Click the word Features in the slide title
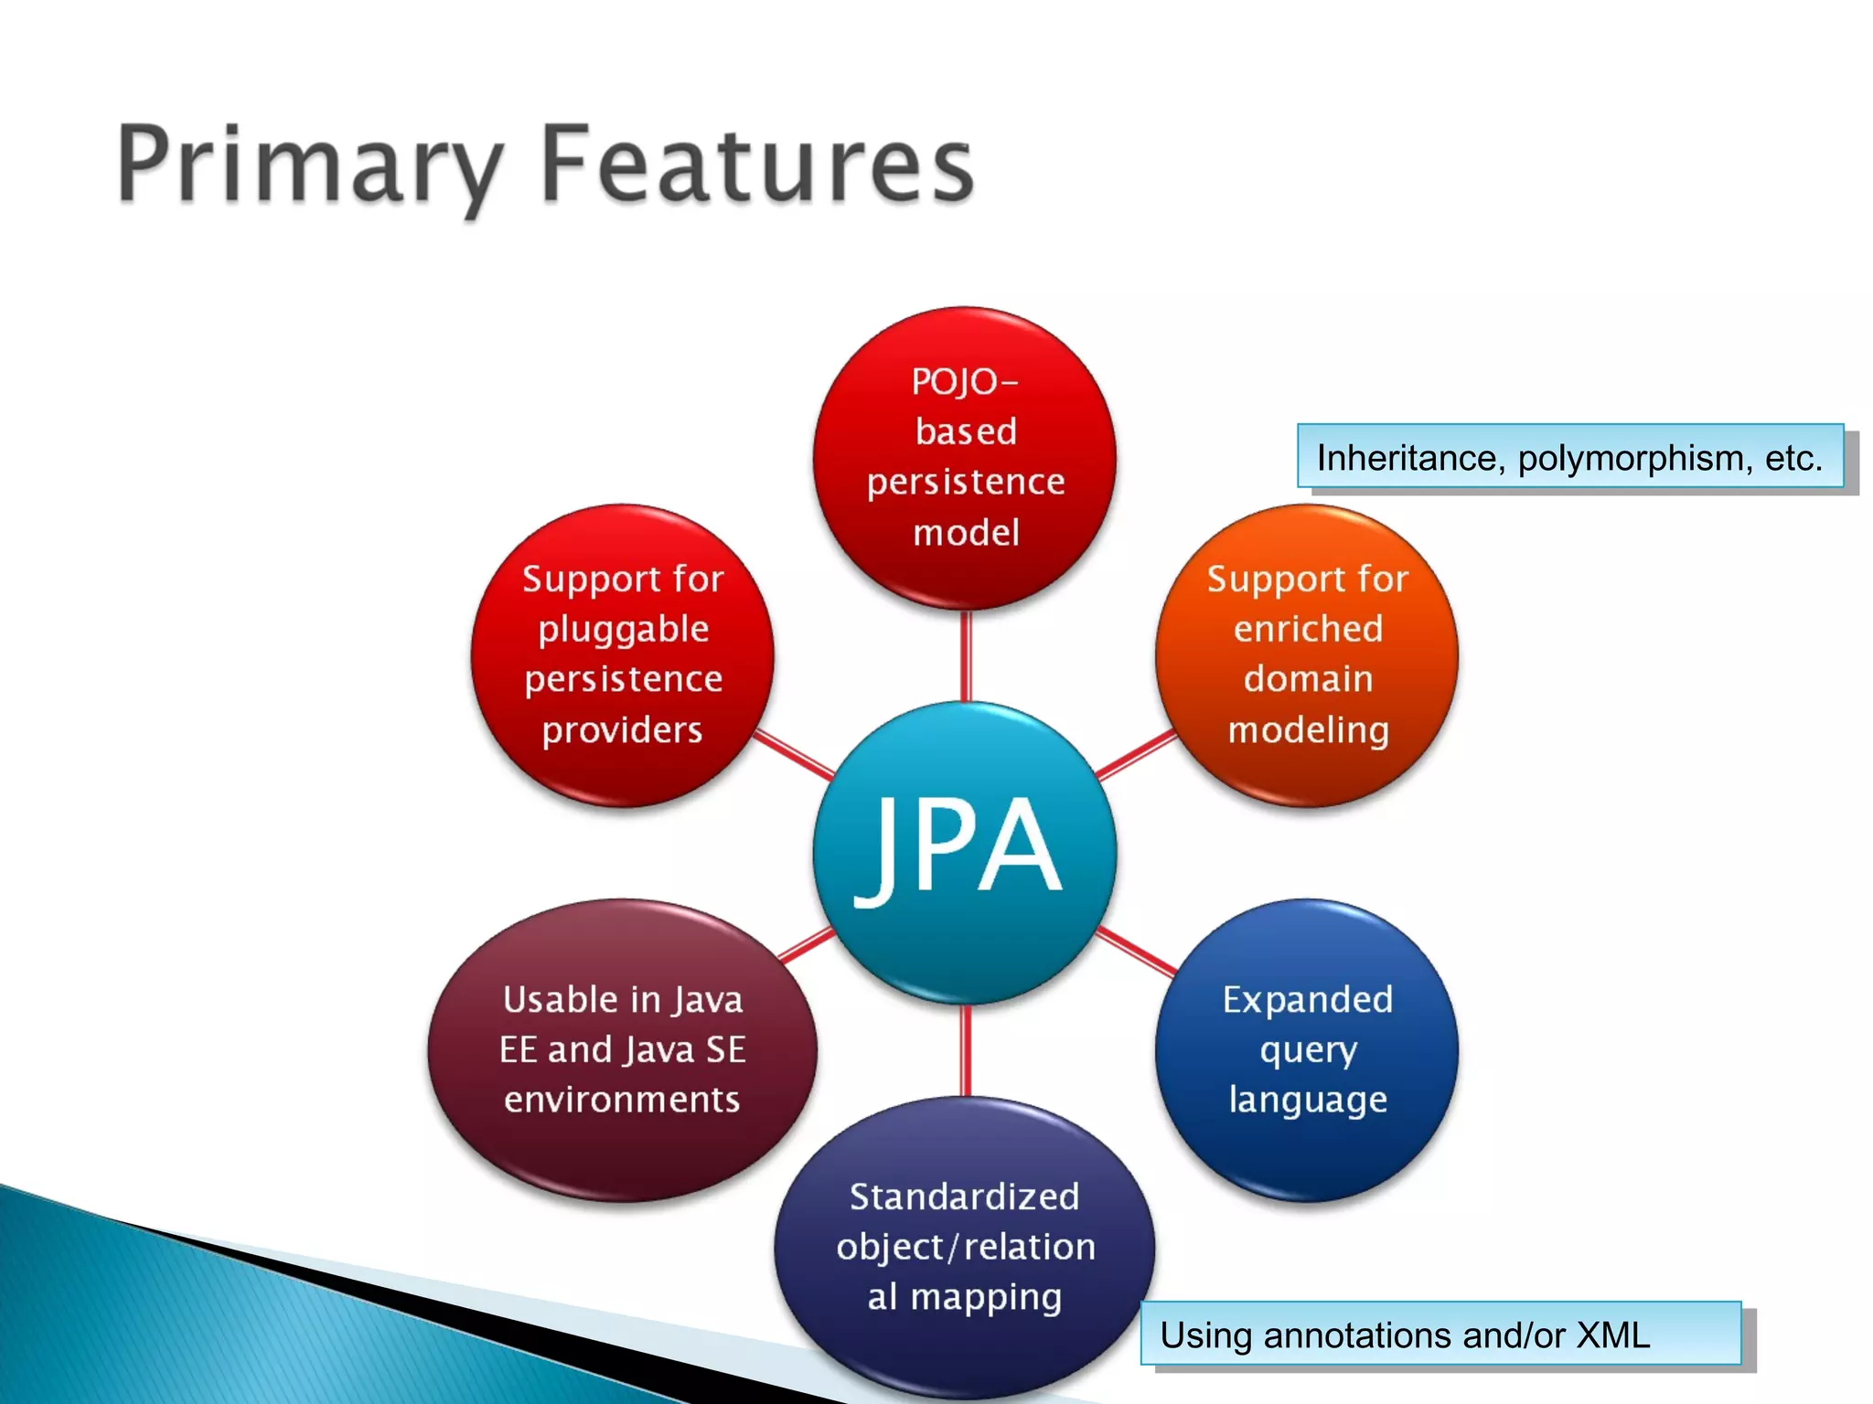pyautogui.click(x=757, y=165)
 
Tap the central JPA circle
pyautogui.click(x=964, y=852)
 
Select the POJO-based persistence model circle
pyautogui.click(x=965, y=457)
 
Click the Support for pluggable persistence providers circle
pyautogui.click(x=623, y=654)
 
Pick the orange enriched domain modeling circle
pyautogui.click(x=1307, y=654)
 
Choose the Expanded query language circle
pyautogui.click(x=1307, y=1049)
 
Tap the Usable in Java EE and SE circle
pyautogui.click(x=622, y=1049)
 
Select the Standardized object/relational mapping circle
pyautogui.click(x=964, y=1247)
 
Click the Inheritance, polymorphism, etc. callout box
pyautogui.click(x=1569, y=457)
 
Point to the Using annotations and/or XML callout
pyautogui.click(x=1440, y=1334)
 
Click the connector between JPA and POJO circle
pyautogui.click(x=965, y=656)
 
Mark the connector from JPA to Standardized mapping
pyautogui.click(x=965, y=1051)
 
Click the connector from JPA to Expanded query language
pyautogui.click(x=1136, y=951)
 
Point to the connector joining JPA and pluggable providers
pyautogui.click(x=794, y=755)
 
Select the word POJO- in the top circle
pyautogui.click(x=964, y=382)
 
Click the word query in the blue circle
pyautogui.click(x=1308, y=1051)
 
